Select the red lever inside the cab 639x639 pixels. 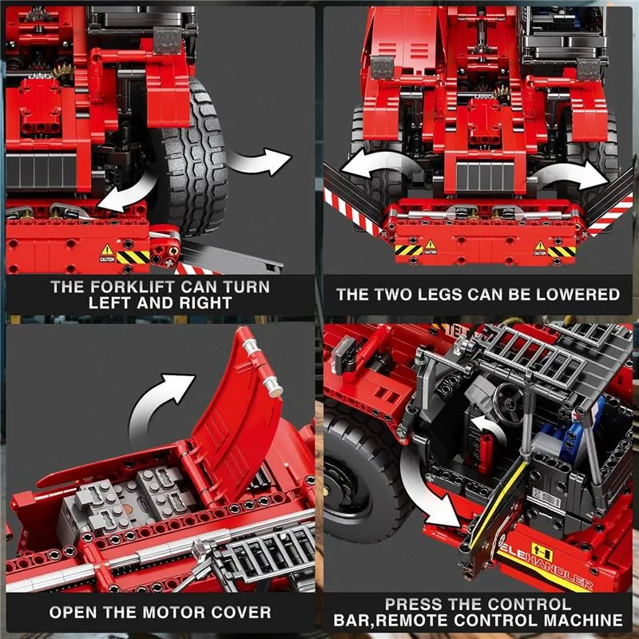(x=486, y=452)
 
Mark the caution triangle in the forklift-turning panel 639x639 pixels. (x=107, y=249)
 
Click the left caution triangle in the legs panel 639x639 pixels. (x=431, y=245)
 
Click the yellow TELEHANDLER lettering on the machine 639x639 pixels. (x=546, y=565)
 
